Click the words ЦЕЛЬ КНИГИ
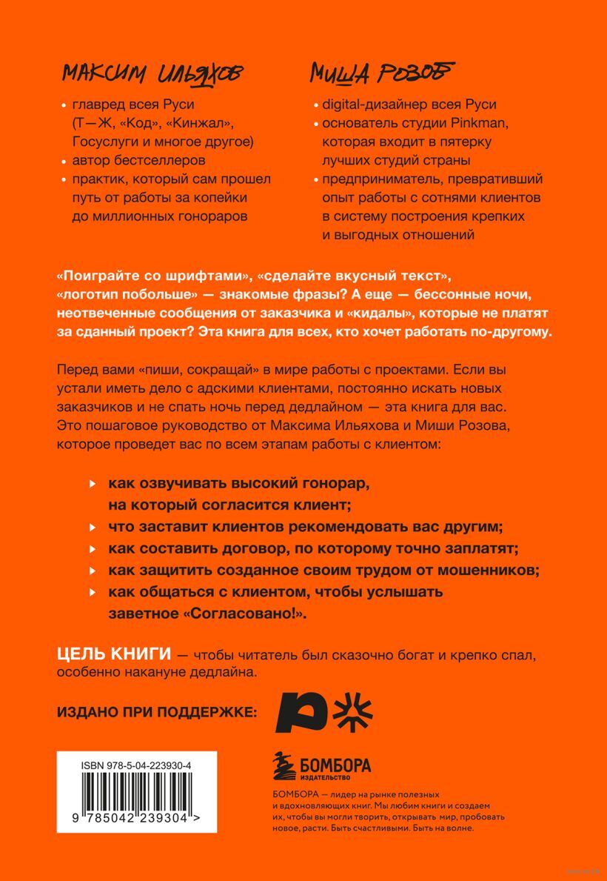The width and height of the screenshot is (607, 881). (115, 655)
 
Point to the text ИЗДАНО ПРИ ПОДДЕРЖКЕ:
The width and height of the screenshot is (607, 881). (157, 713)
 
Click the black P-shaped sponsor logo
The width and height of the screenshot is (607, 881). (300, 713)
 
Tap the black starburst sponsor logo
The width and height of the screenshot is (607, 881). (353, 713)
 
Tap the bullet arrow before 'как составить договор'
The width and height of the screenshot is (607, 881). (92, 549)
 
